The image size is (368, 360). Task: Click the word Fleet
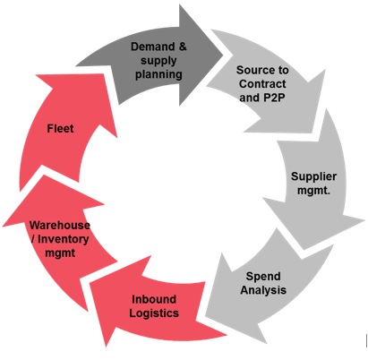[x=60, y=129]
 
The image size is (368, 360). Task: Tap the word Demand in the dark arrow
[x=152, y=47]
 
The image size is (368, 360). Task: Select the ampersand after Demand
[x=183, y=47]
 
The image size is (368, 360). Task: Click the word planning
[x=158, y=74]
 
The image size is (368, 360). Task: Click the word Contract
[x=262, y=84]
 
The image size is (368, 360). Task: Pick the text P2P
[x=274, y=98]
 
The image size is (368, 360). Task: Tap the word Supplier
[x=313, y=176]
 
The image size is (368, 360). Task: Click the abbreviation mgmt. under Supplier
[x=313, y=191]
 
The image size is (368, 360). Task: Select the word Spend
[x=263, y=277]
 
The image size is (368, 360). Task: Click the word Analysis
[x=263, y=290]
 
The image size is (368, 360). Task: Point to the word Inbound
[x=154, y=299]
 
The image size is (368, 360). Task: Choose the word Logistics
[x=154, y=313]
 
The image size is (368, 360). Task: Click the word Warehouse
[x=60, y=225]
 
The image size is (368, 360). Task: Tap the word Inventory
[x=64, y=239]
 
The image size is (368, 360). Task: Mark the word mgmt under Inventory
[x=60, y=253]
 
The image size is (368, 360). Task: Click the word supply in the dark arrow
[x=158, y=61]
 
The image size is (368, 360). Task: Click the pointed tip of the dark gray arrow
[x=223, y=55]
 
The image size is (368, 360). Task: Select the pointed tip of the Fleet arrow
[x=36, y=75]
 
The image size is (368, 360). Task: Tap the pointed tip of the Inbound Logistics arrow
[x=106, y=347]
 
